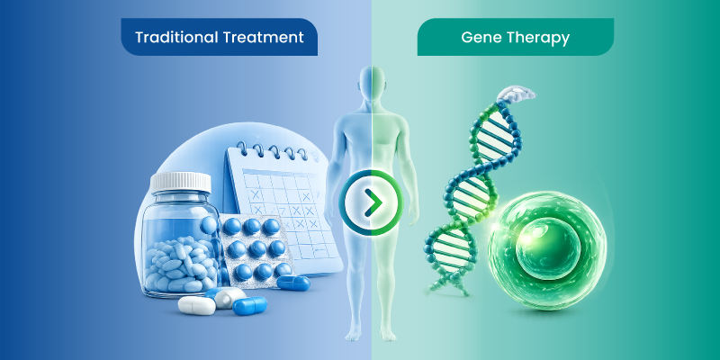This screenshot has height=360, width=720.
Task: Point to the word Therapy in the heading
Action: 540,38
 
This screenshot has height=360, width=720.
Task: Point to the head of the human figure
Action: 372,86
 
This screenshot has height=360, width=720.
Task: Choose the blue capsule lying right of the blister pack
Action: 294,283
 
